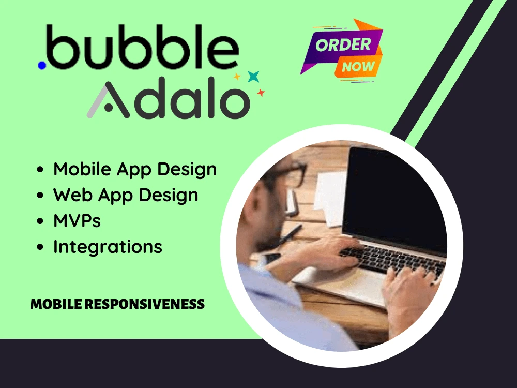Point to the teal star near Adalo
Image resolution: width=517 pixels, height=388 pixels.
point(253,76)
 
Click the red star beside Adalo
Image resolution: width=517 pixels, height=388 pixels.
point(261,93)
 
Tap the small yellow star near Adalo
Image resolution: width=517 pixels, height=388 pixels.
point(237,77)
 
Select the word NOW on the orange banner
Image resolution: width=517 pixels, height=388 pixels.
point(358,67)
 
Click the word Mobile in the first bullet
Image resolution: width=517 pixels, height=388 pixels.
point(82,169)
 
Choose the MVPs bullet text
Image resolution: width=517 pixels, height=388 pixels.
point(77,221)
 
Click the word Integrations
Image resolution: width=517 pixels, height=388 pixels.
point(108,247)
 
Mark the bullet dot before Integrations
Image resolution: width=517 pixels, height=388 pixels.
point(40,248)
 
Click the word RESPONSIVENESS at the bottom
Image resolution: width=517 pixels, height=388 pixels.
point(144,304)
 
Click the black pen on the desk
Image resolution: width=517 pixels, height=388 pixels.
point(290,235)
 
